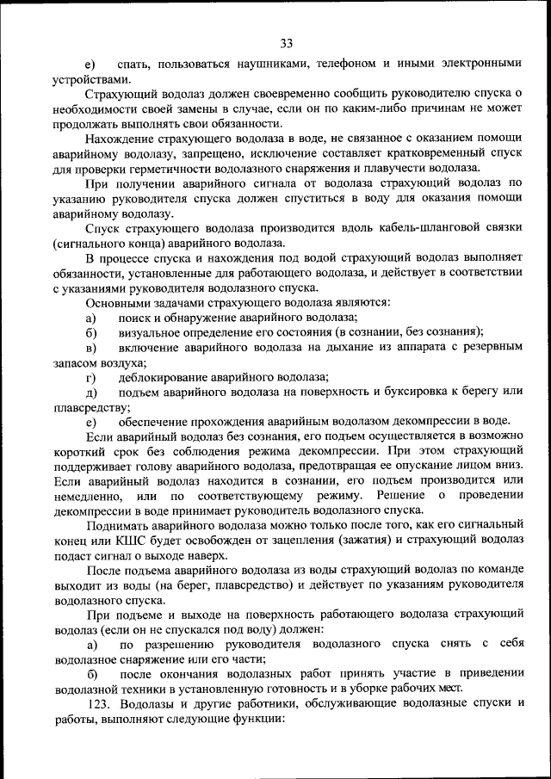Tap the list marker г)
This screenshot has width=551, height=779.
pyautogui.click(x=90, y=377)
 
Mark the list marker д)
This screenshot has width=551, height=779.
pyautogui.click(x=90, y=392)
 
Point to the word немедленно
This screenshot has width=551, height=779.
pyautogui.click(x=86, y=497)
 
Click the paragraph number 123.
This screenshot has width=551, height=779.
pyautogui.click(x=99, y=704)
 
